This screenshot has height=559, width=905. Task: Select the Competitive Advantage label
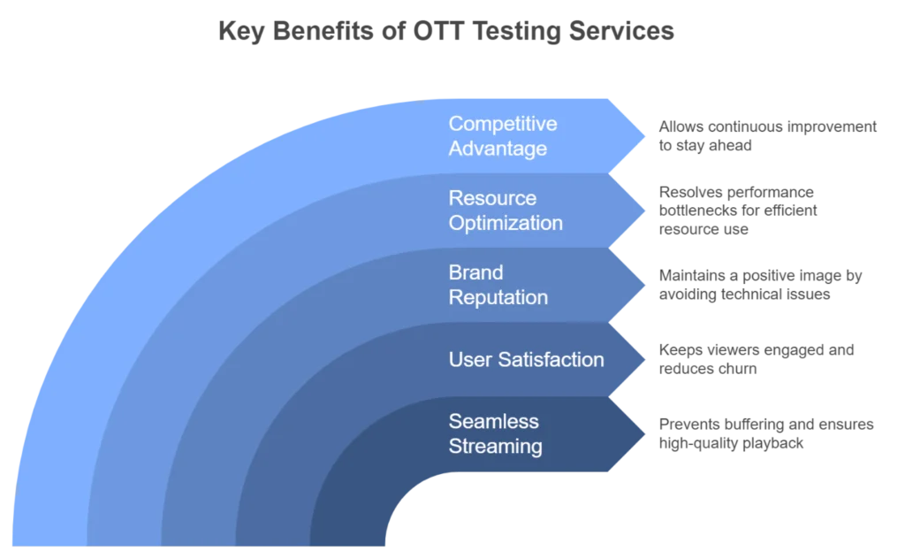click(503, 135)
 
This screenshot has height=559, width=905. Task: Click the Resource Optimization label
click(506, 211)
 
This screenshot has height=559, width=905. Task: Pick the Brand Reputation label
click(498, 285)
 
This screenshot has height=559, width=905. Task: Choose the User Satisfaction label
click(527, 359)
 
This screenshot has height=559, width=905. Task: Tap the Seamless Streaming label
click(495, 433)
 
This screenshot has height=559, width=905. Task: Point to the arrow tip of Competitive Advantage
click(644, 136)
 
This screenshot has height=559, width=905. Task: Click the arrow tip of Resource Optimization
click(644, 211)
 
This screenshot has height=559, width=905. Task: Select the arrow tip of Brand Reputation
click(644, 285)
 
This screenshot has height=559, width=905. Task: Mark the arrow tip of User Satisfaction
click(644, 359)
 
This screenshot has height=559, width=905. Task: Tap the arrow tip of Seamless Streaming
click(644, 433)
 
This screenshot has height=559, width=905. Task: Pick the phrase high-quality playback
click(731, 443)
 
